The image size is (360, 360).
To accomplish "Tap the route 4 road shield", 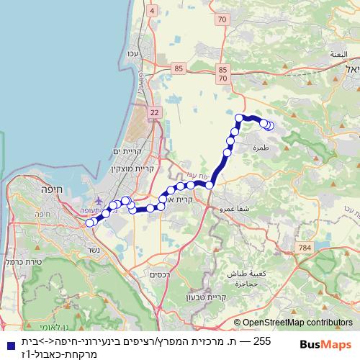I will tap(152, 10).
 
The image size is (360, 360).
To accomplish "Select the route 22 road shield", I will tap(154, 112).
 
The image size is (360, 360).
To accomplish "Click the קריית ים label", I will tap(129, 151).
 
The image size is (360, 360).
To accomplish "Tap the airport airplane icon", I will tap(99, 201).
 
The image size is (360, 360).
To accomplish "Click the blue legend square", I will tap(8, 343).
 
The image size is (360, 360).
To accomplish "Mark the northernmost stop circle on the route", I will tap(240, 117).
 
